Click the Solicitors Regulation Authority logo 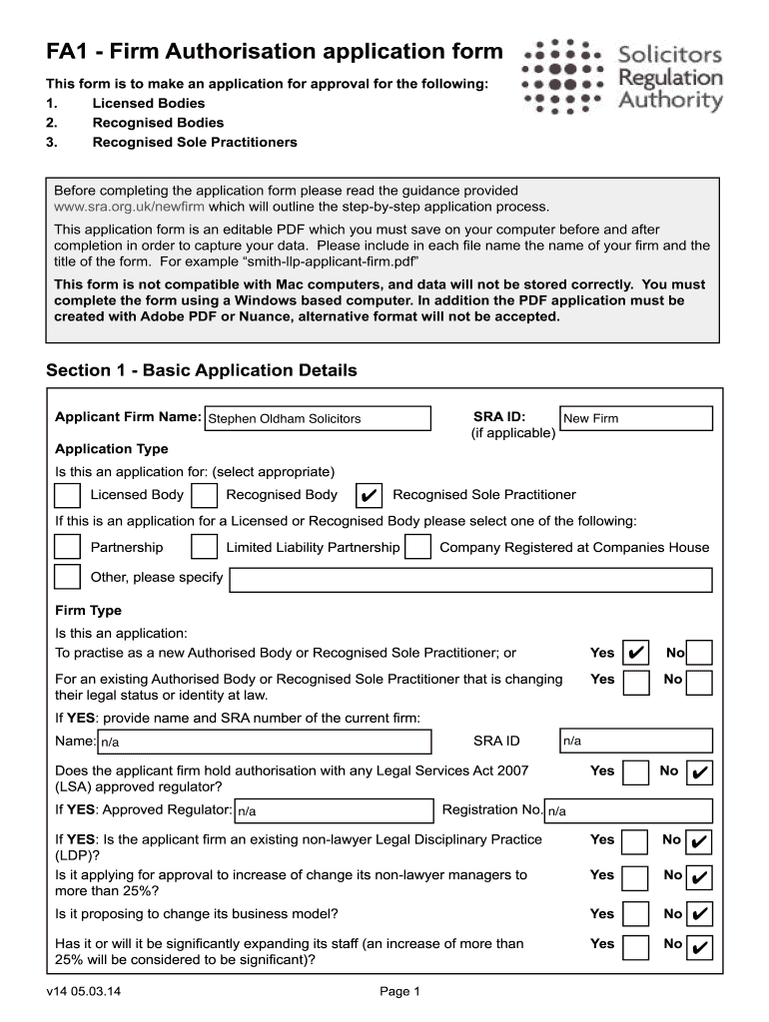pos(621,76)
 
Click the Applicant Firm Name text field pos(318,418)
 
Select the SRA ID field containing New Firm pos(636,418)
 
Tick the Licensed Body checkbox pos(68,495)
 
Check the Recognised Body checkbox pos(204,495)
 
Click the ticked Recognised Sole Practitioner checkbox pos(370,495)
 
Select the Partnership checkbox pos(68,547)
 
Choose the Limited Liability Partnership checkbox pos(204,547)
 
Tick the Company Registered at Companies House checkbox pos(418,547)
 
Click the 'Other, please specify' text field pos(470,580)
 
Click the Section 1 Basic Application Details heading pos(202,370)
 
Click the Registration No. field pos(628,810)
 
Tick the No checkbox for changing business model pos(700,913)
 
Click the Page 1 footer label pos(401,991)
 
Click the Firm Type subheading pos(88,610)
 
